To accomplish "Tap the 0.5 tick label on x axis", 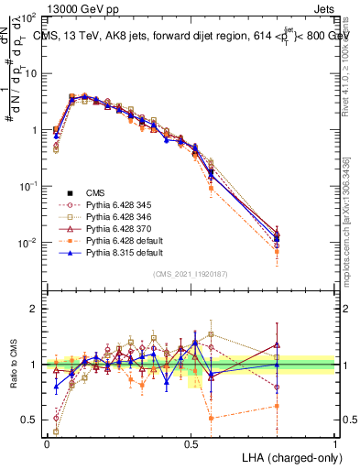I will (x=191, y=442).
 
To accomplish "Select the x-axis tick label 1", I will (x=334, y=442).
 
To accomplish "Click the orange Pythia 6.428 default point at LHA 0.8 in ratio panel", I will (x=278, y=405).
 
